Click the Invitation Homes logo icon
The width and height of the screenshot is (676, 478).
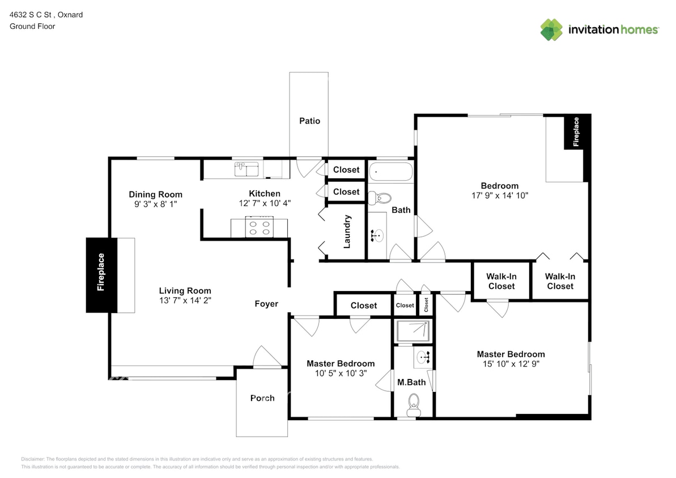pos(551,29)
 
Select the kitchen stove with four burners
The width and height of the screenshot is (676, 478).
pos(260,228)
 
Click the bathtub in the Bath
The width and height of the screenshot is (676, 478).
pos(391,171)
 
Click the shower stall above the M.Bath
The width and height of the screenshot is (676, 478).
pos(413,331)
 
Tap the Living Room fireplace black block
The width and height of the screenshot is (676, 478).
pos(101,275)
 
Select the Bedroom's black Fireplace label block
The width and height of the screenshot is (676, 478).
pos(577,132)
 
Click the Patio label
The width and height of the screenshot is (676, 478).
pos(309,121)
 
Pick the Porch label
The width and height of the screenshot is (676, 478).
pos(262,398)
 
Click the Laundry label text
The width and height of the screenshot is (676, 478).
pos(347,231)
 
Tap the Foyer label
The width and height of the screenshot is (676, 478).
pos(266,304)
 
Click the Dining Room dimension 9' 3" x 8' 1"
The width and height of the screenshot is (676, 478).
pos(155,204)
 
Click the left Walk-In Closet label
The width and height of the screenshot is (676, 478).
pos(501,281)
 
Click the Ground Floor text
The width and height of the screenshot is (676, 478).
pos(32,26)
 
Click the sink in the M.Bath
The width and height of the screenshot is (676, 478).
pos(422,357)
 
